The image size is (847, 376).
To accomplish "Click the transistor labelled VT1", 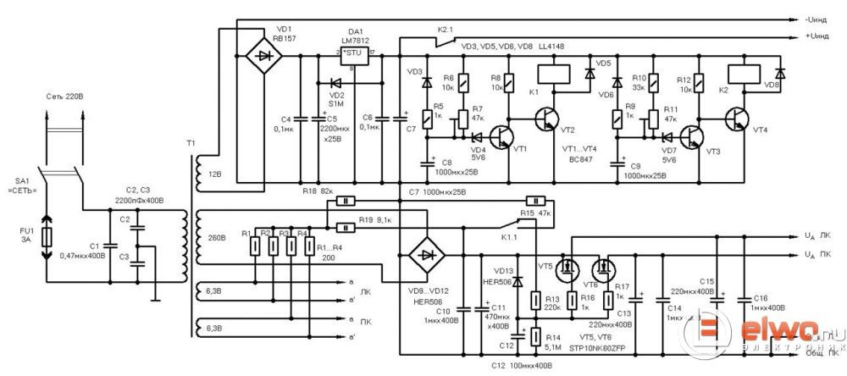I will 504,135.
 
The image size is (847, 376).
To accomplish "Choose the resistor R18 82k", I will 346,202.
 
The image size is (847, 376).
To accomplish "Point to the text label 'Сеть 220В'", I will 64,97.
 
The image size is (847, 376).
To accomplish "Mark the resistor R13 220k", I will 535,300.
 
